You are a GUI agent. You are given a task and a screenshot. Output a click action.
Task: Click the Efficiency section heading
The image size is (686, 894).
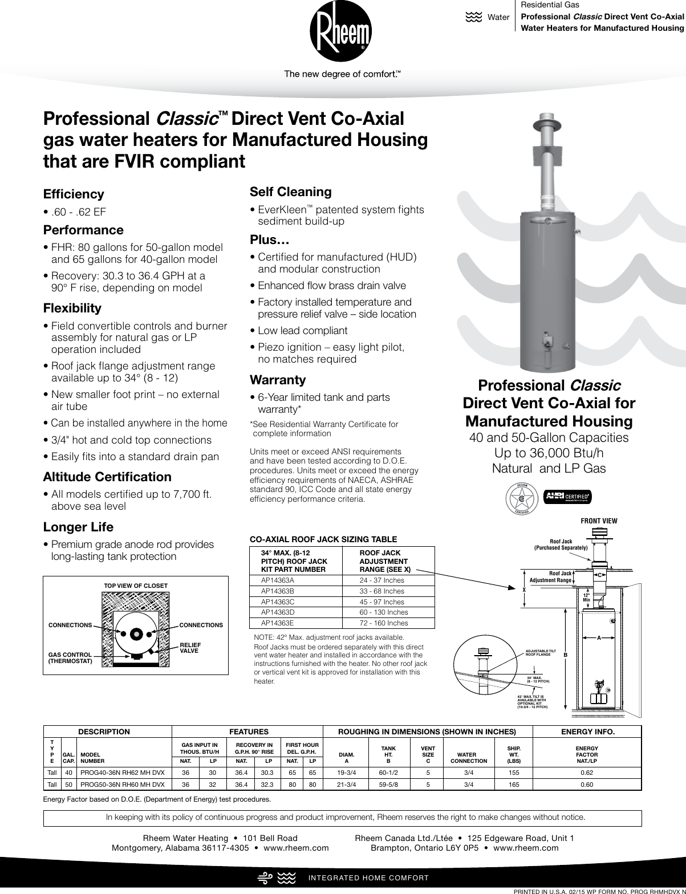[74, 194]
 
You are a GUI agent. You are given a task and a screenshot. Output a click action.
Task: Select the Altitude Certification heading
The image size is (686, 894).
[107, 477]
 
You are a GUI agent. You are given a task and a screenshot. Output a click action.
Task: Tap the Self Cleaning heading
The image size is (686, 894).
[291, 192]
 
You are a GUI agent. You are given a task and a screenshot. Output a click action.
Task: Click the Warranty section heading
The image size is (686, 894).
[278, 380]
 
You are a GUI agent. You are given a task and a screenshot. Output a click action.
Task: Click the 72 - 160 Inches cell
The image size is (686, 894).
[384, 623]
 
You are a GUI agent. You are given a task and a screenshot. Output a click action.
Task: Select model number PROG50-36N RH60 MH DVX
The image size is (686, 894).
[123, 785]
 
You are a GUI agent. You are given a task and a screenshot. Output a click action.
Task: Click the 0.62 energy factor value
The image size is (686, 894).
[587, 773]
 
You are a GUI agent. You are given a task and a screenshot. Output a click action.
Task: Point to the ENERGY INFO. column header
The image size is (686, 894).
[587, 732]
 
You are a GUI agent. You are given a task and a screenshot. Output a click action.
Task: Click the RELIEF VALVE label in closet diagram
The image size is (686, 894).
[190, 648]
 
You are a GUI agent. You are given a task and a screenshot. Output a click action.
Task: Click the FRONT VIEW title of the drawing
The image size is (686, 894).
[599, 521]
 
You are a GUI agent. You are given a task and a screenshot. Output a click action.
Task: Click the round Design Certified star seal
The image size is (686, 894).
[522, 498]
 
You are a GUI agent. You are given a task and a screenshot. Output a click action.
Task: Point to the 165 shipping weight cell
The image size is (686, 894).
[514, 785]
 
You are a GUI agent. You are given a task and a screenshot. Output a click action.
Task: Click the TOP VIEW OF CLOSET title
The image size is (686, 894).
[136, 586]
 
